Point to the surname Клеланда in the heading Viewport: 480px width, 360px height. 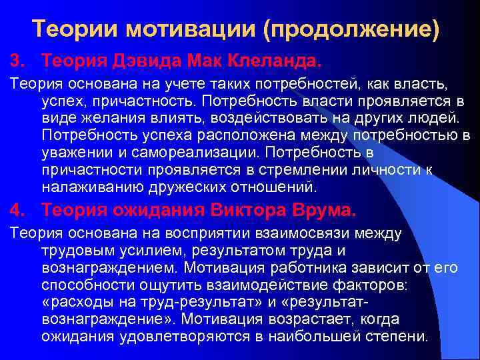270,61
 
